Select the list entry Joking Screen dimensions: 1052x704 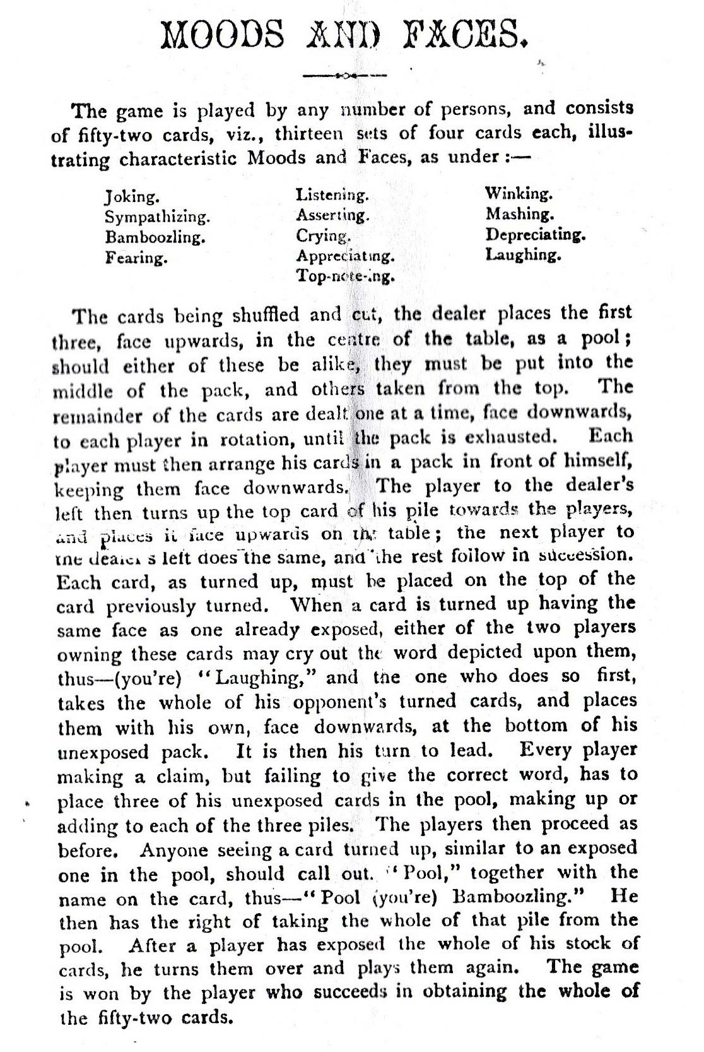pos(131,196)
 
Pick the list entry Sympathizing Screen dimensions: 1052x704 pos(157,217)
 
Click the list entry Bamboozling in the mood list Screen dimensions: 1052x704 pos(155,238)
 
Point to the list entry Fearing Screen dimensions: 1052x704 pos(136,258)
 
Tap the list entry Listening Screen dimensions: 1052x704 pos(332,195)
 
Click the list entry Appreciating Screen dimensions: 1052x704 pos(345,256)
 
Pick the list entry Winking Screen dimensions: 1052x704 pos(519,193)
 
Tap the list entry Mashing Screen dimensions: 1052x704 pos(520,214)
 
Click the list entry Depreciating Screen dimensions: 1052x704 pos(536,235)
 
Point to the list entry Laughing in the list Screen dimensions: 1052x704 pos(523,255)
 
